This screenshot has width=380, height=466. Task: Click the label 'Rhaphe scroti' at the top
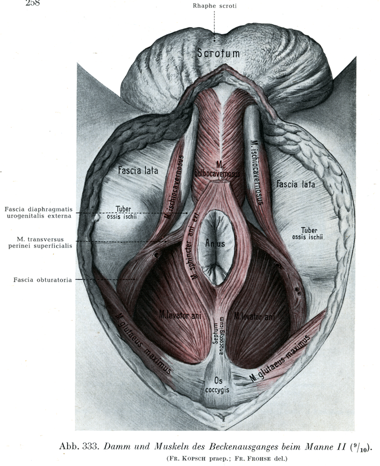click(x=214, y=6)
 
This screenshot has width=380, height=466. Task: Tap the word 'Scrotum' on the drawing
click(x=218, y=53)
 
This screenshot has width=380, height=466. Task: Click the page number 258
click(x=32, y=3)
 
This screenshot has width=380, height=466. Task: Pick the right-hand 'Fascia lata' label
click(x=295, y=184)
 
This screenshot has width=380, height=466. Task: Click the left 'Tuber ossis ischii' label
click(x=123, y=212)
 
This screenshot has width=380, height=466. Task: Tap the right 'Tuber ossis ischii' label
click(x=307, y=233)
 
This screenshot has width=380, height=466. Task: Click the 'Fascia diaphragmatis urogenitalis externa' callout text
click(x=38, y=212)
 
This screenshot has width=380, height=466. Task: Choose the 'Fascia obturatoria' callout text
click(x=42, y=280)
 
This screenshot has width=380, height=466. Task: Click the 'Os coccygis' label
click(x=218, y=385)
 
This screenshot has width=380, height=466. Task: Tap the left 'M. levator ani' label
click(x=180, y=315)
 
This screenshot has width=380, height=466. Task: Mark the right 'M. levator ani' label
click(x=254, y=316)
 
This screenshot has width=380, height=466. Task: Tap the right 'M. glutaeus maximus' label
click(x=279, y=358)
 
